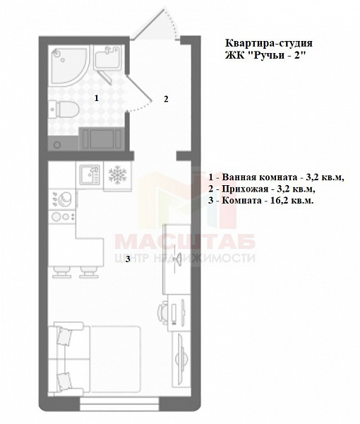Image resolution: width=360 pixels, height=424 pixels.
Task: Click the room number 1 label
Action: point(96,98)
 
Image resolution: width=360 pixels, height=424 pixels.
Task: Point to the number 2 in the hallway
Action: point(165,99)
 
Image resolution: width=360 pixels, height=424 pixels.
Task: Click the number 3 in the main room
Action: point(128,259)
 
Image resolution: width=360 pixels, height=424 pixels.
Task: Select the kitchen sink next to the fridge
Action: point(89,174)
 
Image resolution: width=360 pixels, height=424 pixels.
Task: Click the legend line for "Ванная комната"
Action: point(275,177)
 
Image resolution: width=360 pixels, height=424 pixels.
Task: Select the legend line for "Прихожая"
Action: point(261,189)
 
